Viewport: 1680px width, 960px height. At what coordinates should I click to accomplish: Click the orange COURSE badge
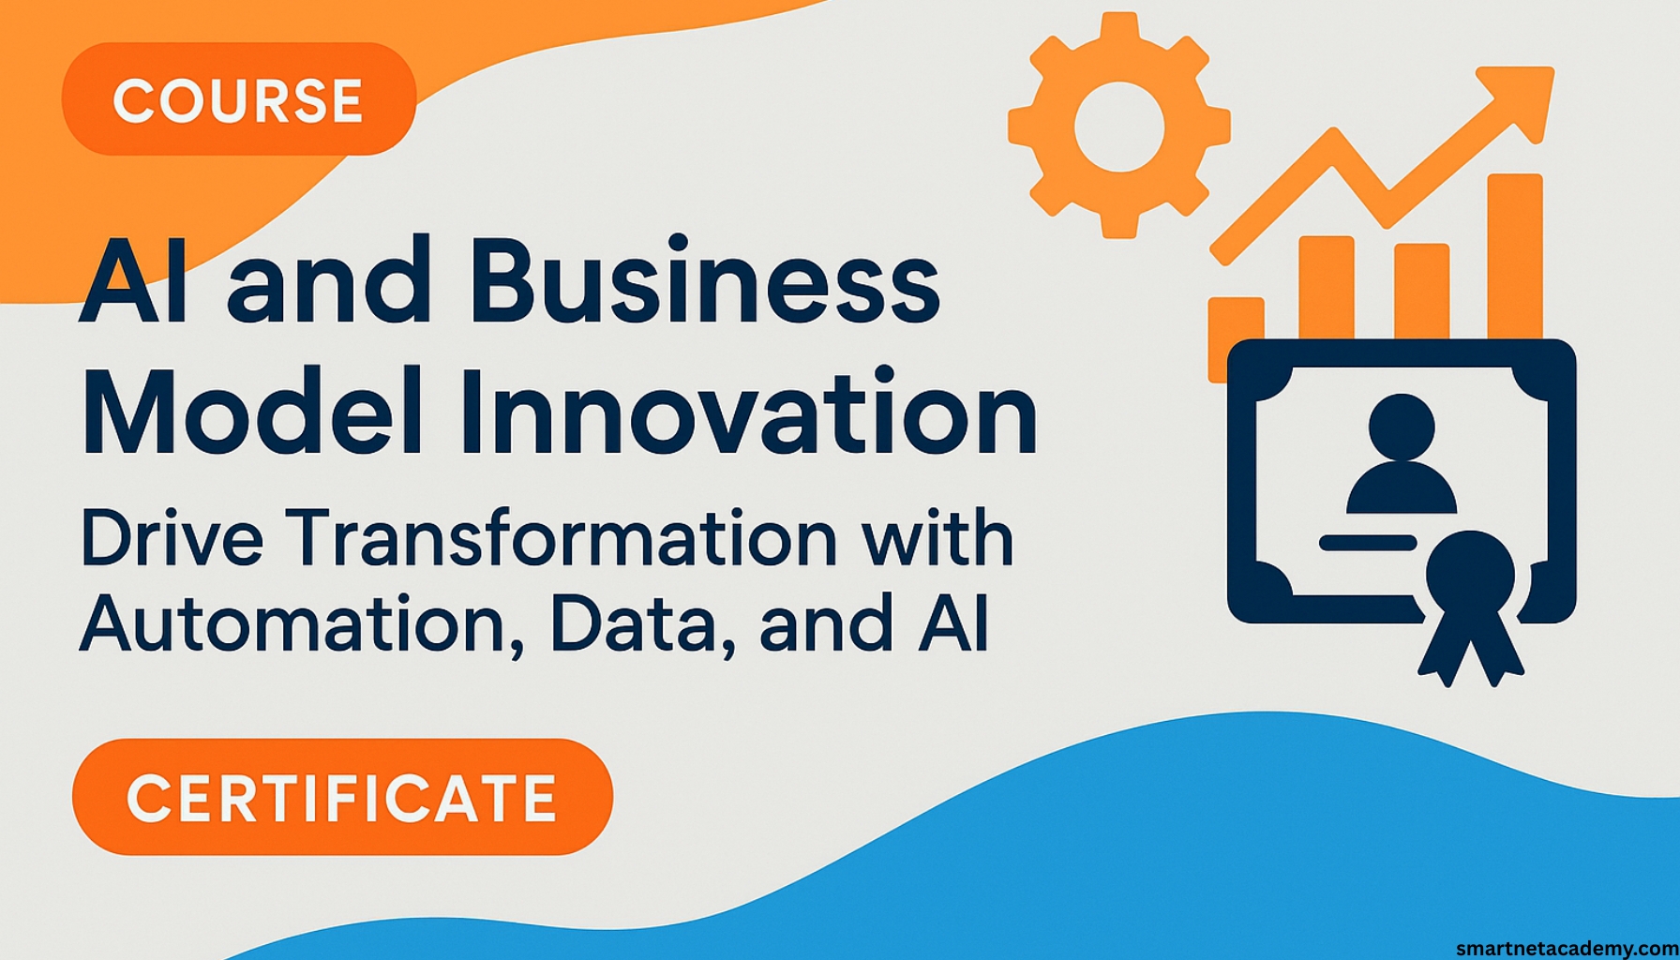(x=238, y=99)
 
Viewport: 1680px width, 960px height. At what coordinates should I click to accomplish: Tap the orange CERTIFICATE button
(x=342, y=797)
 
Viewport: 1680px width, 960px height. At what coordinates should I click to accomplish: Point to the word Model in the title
(x=251, y=413)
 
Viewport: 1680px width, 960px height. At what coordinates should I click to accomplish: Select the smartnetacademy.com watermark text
(x=1567, y=948)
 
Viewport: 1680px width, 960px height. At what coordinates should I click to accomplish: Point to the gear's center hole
(x=1118, y=127)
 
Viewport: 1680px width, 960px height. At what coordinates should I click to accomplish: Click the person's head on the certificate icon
(x=1402, y=427)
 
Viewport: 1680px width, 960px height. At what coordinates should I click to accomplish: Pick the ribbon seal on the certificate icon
(x=1470, y=600)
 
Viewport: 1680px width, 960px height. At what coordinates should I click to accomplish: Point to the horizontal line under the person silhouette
(x=1368, y=542)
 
